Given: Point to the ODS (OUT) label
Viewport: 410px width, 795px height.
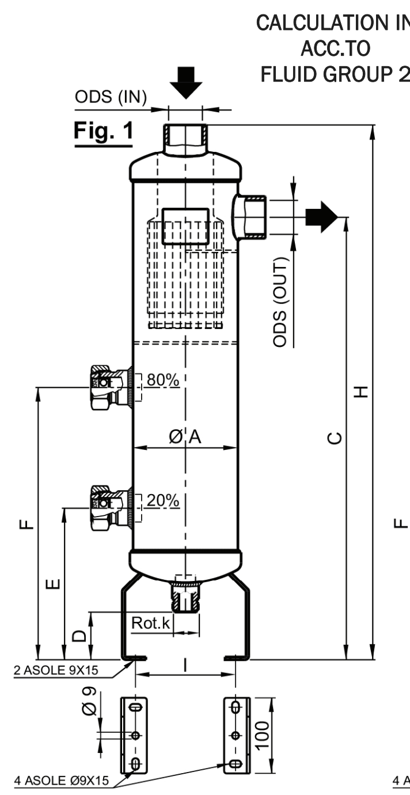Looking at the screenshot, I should click(x=280, y=302).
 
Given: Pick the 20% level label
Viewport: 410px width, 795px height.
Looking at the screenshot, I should click(x=162, y=500).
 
